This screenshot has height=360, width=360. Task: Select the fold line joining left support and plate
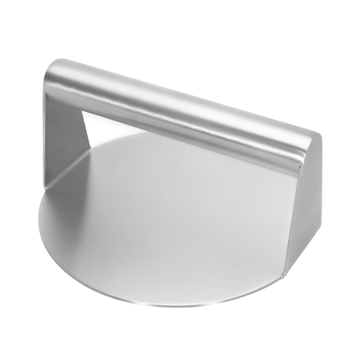pos(67,169)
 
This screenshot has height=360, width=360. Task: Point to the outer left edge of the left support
pos(45,135)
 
